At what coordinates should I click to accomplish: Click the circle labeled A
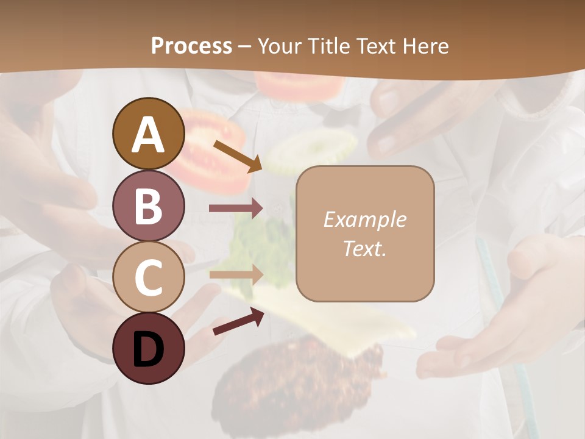point(148,134)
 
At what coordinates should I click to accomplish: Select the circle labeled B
point(148,205)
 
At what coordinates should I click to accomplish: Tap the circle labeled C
point(148,277)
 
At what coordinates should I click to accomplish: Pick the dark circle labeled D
point(148,348)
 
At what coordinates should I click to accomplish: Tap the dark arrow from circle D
point(238,321)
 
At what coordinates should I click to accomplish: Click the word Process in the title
point(191,46)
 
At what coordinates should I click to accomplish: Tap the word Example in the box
point(364,220)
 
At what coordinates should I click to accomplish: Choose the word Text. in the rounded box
point(364,249)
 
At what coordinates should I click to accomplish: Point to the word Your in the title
point(278,46)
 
